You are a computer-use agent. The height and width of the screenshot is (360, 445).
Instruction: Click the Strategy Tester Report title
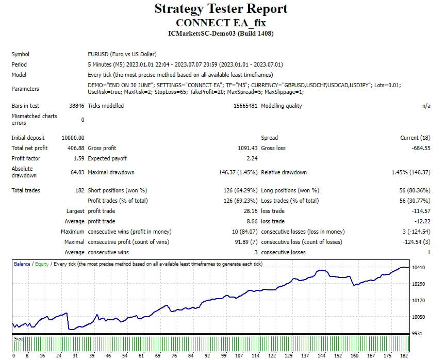221,9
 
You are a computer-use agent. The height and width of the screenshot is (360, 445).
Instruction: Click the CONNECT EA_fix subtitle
221,23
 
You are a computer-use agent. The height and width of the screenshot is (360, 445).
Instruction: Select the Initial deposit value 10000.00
73,138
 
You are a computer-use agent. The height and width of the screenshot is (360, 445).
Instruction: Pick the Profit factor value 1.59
79,158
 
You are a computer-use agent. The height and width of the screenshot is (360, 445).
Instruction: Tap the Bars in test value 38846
76,106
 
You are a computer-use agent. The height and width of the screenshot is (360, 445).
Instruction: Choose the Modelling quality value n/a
425,106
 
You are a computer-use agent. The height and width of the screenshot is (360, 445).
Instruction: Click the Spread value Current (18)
415,138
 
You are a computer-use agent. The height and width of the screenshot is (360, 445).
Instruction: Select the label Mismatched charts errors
34,119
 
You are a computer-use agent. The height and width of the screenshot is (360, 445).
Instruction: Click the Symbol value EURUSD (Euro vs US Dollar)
122,54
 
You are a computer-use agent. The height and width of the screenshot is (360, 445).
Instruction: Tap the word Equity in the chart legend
42,264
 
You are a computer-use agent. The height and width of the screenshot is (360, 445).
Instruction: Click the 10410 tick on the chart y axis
418,268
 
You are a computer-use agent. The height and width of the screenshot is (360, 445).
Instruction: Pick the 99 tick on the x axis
223,355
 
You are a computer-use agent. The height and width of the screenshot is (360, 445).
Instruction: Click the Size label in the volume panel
19,339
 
